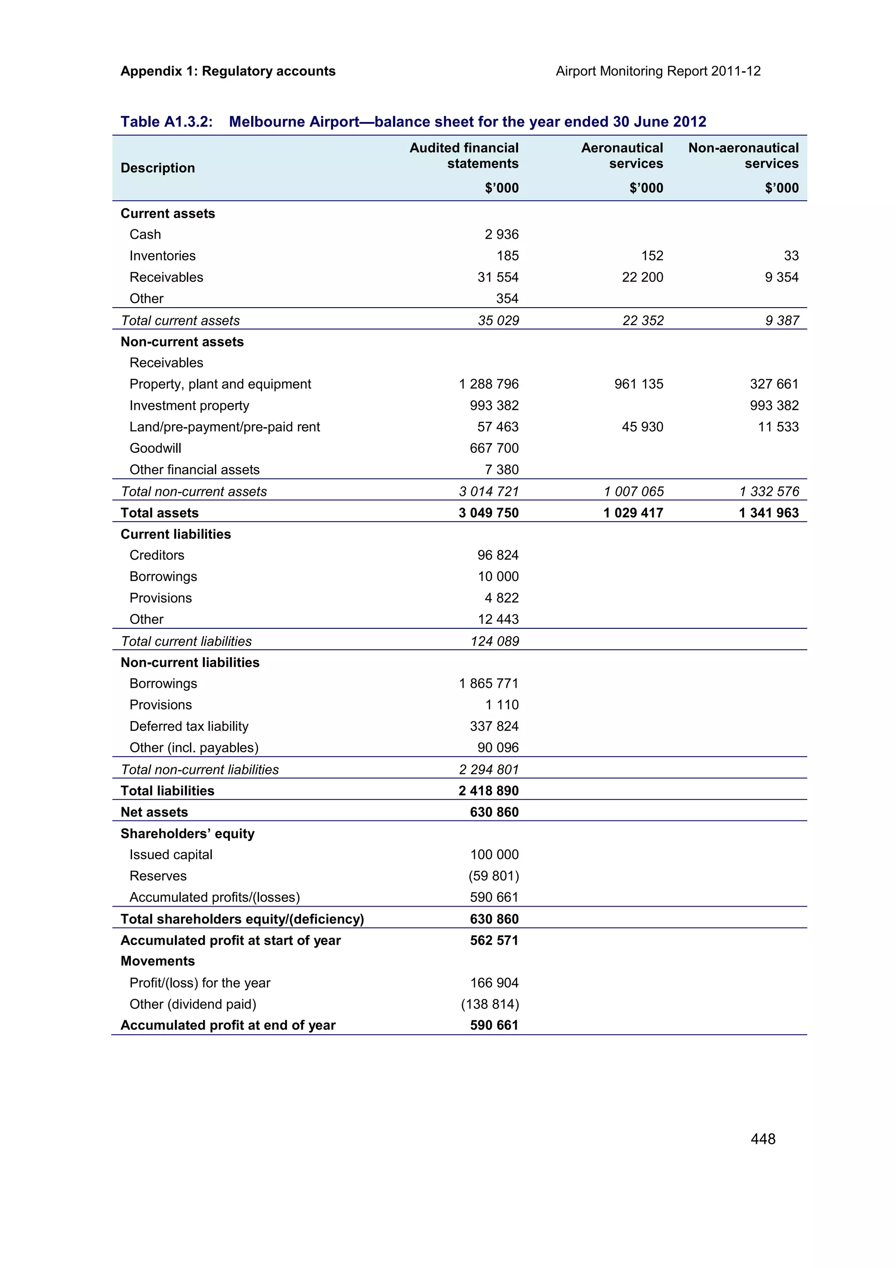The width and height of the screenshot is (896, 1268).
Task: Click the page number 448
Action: tap(763, 1139)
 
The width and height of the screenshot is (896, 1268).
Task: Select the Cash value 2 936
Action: tap(501, 234)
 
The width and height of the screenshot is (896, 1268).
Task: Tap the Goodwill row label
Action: tap(155, 448)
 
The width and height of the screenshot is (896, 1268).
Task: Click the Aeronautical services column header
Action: tap(622, 156)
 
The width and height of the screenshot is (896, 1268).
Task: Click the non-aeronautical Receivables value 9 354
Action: tap(781, 277)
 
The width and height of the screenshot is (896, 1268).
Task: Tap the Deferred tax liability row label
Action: tap(189, 726)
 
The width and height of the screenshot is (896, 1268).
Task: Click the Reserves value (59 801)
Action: tap(493, 876)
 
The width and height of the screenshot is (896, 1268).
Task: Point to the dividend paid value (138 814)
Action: tap(490, 1004)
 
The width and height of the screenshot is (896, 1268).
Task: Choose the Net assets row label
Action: tap(154, 812)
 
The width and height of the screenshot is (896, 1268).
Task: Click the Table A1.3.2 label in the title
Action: tap(167, 122)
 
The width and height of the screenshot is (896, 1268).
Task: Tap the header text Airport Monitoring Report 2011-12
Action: tap(658, 71)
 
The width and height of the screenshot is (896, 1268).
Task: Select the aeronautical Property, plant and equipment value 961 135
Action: tap(639, 384)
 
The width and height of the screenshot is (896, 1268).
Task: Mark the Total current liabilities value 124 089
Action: tap(495, 641)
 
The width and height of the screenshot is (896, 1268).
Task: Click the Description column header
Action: tap(157, 168)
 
